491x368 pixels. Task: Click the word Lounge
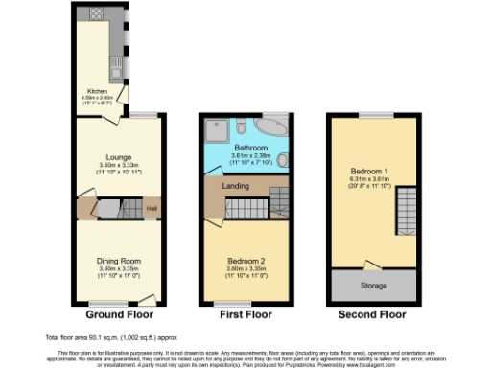pos(119,156)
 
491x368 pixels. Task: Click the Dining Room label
pos(119,261)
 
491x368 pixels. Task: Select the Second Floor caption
pos(372,314)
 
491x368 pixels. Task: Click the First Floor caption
pos(245,314)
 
